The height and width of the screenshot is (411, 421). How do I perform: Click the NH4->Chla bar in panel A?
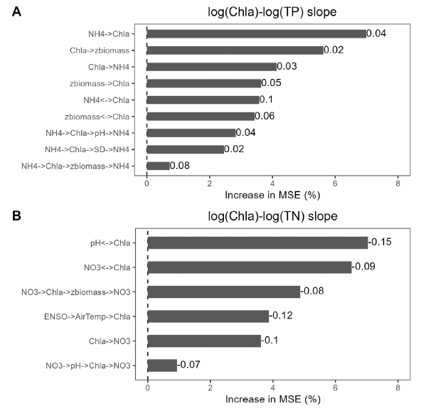[x=257, y=34]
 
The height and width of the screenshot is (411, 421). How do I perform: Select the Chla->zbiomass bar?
[x=235, y=50]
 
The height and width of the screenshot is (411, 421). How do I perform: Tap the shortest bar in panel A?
[x=159, y=166]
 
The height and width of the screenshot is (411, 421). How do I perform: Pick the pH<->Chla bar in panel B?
[x=257, y=242]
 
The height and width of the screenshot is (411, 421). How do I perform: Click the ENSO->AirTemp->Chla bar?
[x=208, y=316]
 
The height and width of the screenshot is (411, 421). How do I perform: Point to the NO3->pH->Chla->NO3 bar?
[x=162, y=365]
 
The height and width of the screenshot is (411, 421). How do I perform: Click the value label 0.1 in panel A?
[x=266, y=100]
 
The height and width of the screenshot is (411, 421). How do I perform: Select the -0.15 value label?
[x=380, y=242]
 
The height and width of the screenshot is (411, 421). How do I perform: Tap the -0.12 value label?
[x=281, y=316]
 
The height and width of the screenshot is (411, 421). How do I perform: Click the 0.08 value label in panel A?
[x=180, y=166]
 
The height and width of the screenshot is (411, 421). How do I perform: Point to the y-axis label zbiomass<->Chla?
[x=97, y=117]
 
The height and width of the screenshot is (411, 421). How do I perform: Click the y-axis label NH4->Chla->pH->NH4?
[x=87, y=133]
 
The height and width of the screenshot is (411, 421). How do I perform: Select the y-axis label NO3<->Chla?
[x=107, y=267]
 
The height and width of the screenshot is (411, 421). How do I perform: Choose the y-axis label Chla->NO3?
[x=110, y=341]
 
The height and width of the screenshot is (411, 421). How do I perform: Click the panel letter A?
[x=16, y=12]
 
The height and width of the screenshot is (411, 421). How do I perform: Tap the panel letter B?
[x=16, y=216]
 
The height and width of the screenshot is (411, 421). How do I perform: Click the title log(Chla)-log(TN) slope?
[x=272, y=216]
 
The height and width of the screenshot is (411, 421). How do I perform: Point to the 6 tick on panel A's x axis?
[x=335, y=183]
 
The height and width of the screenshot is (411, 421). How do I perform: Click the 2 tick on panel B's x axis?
[x=210, y=388]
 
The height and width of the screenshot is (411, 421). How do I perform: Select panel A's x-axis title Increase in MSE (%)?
[x=272, y=195]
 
